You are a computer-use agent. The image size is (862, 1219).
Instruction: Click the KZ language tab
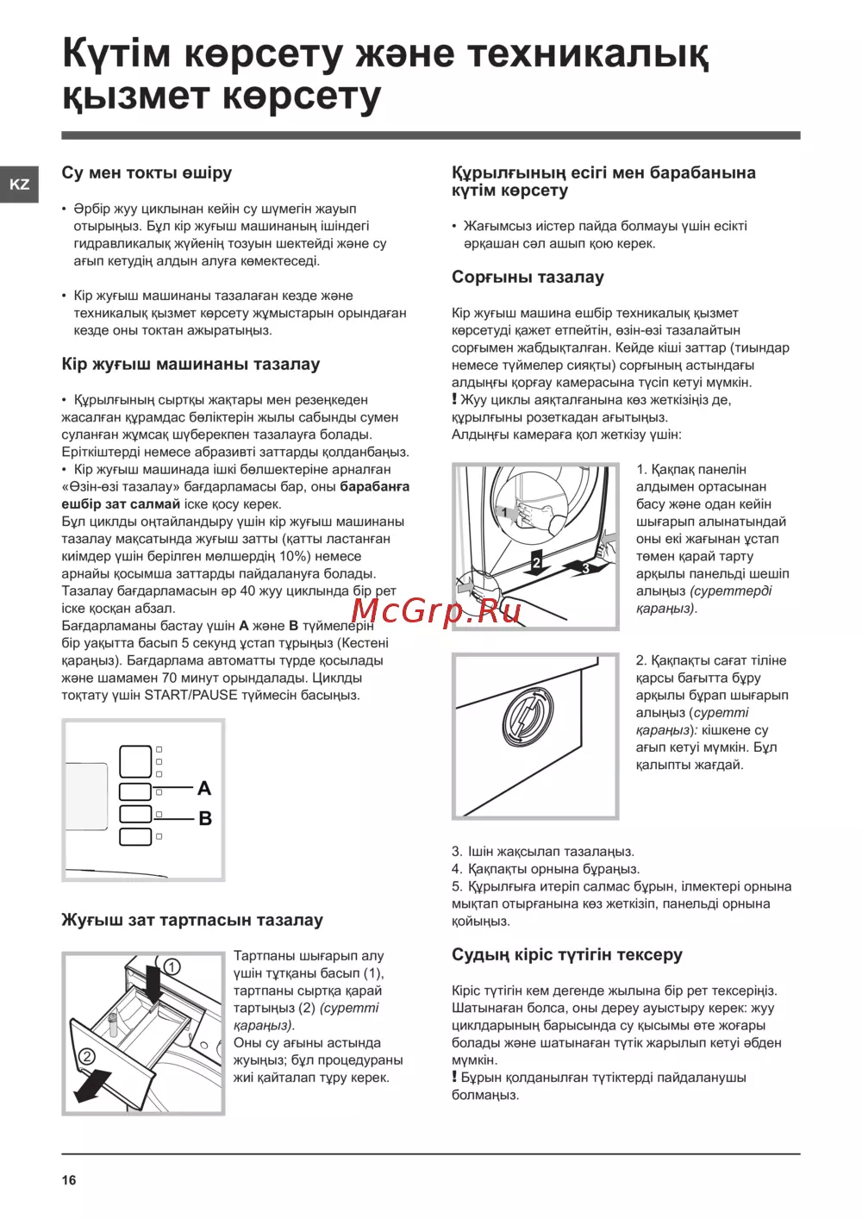pos(19,184)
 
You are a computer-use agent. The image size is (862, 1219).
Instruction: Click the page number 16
pos(69,1180)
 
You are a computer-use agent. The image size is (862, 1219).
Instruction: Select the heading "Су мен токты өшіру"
pos(147,172)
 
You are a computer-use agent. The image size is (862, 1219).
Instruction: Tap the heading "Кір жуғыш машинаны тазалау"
pos(191,364)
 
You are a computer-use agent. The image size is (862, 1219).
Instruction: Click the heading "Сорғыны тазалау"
pos(528,277)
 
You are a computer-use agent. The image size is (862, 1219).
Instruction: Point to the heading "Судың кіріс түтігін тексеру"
pos(566,954)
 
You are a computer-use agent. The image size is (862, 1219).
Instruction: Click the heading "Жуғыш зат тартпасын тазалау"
pos(192,920)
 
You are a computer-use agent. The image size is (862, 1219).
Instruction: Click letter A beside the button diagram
pos(204,788)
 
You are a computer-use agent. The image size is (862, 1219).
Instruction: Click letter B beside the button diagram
pos(205,818)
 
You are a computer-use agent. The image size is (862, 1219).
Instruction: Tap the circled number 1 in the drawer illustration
pos(172,967)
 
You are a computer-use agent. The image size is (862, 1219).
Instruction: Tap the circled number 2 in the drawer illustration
pos(87,1057)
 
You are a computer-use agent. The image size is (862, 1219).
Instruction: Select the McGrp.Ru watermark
pos(436,610)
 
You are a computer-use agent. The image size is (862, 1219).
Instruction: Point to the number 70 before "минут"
pos(169,678)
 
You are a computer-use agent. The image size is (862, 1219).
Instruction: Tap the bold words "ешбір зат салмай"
pos(121,504)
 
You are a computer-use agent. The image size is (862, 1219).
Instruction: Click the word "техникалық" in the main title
pos(587,53)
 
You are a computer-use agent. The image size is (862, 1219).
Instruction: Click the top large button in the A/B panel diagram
pos(135,761)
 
